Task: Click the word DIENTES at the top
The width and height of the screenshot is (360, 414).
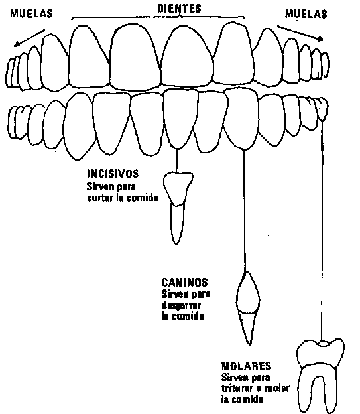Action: pyautogui.click(x=179, y=8)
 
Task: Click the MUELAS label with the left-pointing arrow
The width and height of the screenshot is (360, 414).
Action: pyautogui.click(x=31, y=13)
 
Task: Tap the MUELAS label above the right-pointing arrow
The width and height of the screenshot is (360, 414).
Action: pyautogui.click(x=306, y=14)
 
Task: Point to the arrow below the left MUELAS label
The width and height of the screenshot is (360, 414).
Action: pyautogui.click(x=29, y=38)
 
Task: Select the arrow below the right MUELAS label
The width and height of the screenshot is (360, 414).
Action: pyautogui.click(x=300, y=33)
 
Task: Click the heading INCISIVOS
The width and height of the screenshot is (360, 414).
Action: pyautogui.click(x=113, y=174)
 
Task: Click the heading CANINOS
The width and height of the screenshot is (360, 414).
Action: pyautogui.click(x=185, y=282)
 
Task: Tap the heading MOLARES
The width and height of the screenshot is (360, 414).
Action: pyautogui.click(x=246, y=366)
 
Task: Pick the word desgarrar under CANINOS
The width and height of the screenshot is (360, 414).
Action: pyautogui.click(x=181, y=305)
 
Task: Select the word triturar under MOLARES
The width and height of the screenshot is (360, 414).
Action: pyautogui.click(x=237, y=388)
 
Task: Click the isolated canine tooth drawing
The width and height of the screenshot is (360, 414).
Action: pyautogui.click(x=247, y=309)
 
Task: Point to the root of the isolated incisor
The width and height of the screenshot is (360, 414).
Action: pyautogui.click(x=177, y=224)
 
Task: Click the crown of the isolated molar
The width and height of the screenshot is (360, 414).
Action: pyautogui.click(x=320, y=353)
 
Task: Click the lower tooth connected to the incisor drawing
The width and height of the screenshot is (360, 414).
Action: pyautogui.click(x=180, y=119)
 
